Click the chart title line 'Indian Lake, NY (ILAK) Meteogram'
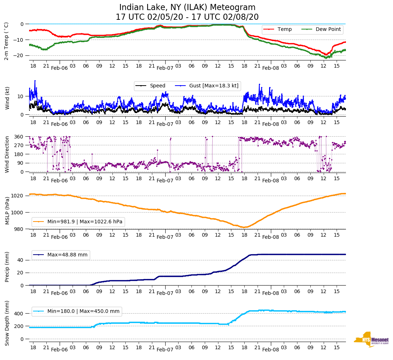(187, 8)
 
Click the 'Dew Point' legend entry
(328, 29)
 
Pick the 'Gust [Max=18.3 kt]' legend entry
(214, 86)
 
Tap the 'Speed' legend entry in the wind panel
(157, 86)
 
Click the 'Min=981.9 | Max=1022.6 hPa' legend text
(85, 222)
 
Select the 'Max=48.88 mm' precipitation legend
(67, 255)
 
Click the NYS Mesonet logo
(371, 339)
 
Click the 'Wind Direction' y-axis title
(8, 154)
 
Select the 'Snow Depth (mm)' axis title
(8, 323)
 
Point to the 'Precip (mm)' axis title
(8, 268)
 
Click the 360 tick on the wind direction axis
(19, 137)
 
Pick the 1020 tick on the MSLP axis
(17, 196)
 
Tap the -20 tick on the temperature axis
(19, 55)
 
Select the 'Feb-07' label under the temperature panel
(165, 68)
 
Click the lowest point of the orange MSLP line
(244, 227)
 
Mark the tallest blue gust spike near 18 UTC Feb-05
(35, 81)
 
